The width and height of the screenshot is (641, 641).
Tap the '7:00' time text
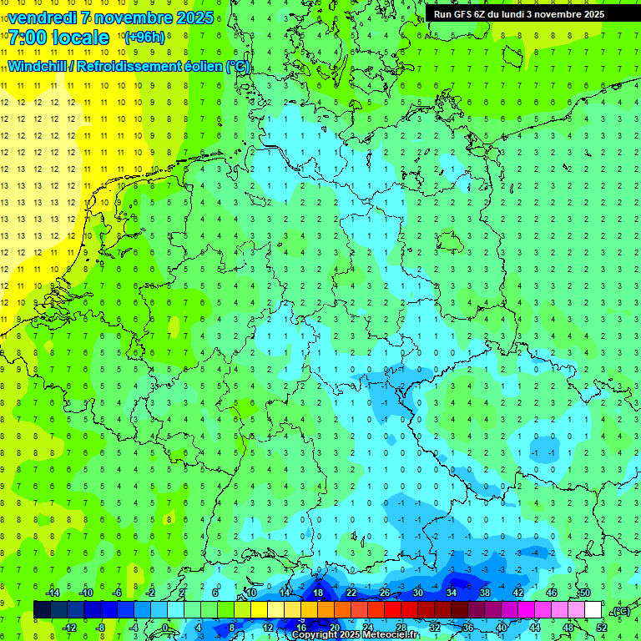pos(28,38)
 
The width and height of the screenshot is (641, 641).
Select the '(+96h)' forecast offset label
pos(144,38)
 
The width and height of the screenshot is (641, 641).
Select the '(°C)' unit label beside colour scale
pos(620,611)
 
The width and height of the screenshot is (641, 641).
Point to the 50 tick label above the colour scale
pos(584,593)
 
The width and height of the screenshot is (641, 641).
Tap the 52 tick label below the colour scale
pos(601,627)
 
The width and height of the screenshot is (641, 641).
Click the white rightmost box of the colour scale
pos(593,609)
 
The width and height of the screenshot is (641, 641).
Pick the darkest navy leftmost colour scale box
pos(42,609)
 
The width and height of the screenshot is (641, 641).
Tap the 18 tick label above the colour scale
pos(317,593)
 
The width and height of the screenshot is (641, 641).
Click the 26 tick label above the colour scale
pos(384,593)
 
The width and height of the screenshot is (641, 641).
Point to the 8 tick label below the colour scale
pos(231,627)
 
